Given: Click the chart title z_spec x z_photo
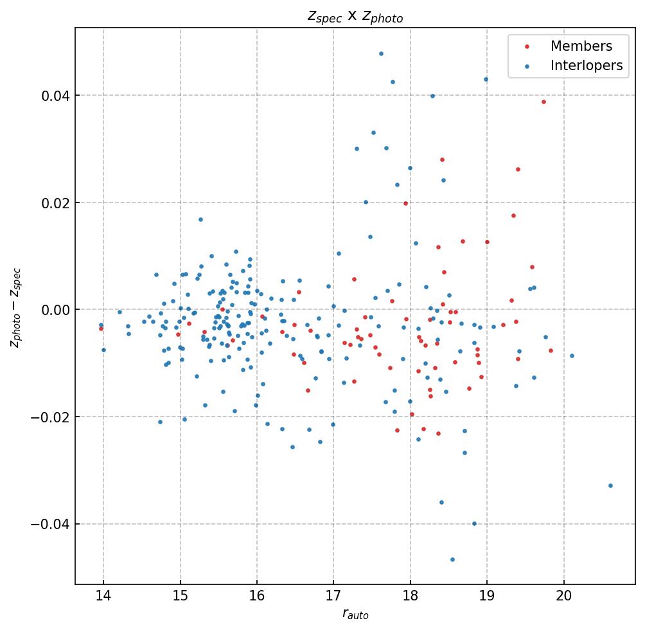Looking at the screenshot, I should pos(355,17).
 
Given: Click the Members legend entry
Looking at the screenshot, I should pos(581,46).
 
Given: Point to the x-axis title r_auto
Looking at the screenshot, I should pos(355,615).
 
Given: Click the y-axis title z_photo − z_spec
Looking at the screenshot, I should pos(15,309).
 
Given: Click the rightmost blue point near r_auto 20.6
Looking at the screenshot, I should pos(610,485).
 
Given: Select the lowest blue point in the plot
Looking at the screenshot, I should pos(452,559).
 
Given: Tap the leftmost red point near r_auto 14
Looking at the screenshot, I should pos(101,328).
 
